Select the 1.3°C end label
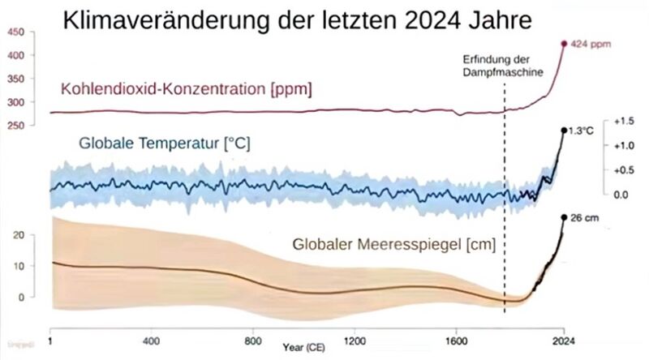tap(581, 131)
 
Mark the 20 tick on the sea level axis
tap(23, 235)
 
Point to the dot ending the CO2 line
tap(565, 43)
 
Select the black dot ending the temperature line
tap(564, 130)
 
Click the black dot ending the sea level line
tap(564, 217)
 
